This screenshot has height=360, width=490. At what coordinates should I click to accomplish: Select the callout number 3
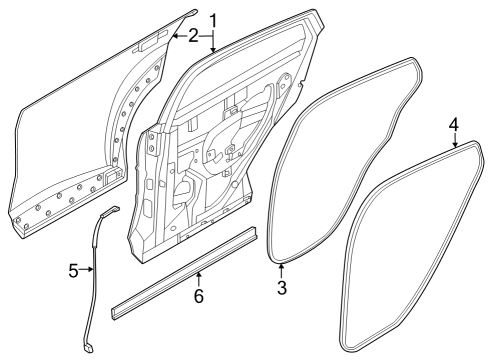coord(282,288)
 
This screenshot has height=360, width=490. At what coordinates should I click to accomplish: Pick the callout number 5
coord(73,270)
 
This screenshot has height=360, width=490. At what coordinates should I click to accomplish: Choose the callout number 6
coord(198,297)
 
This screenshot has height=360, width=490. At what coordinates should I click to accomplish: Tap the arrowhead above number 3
coord(282,265)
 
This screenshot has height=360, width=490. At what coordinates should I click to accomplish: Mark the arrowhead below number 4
coord(455,145)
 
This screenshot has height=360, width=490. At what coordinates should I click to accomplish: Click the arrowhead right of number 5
coord(95,270)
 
